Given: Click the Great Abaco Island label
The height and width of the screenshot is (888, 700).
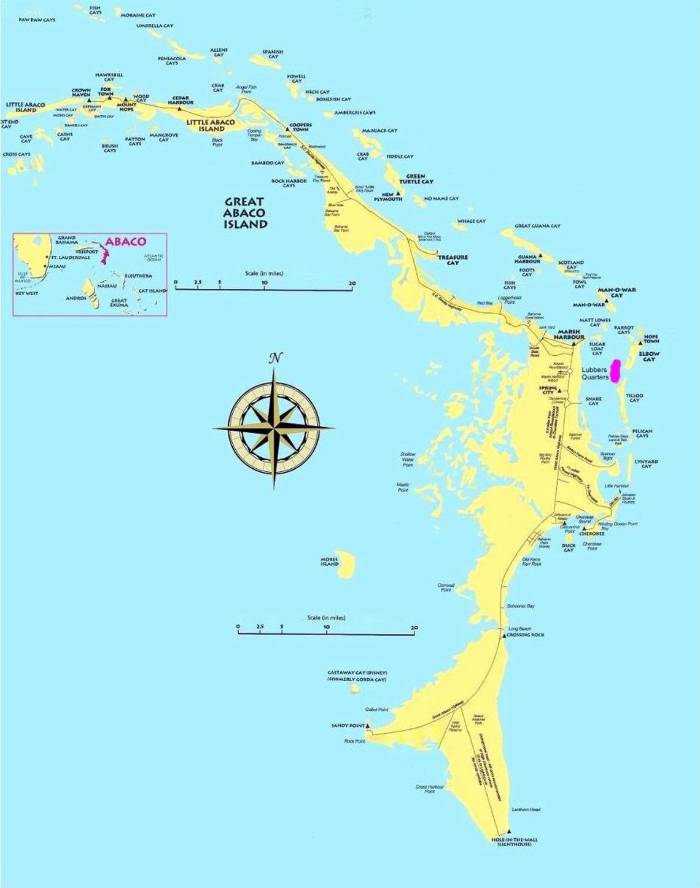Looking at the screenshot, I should point(246,212).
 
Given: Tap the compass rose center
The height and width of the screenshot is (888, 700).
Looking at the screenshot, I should point(274,427).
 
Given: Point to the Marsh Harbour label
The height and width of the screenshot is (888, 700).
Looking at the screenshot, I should point(568,335).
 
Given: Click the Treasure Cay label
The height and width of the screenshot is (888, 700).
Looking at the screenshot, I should point(453,260).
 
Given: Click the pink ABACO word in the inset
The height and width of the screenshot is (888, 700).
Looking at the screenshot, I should point(126,241).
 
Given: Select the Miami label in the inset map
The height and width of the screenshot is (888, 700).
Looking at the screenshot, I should point(58,266).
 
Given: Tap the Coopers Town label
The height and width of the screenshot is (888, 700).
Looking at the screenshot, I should point(300,127).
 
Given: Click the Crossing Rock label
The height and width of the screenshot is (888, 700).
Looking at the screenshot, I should point(526,635).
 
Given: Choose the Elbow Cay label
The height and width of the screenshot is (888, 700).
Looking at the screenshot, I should point(649,356).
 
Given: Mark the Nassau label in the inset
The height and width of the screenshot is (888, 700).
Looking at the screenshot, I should point(107,285).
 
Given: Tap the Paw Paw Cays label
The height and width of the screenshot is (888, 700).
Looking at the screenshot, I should point(37,20).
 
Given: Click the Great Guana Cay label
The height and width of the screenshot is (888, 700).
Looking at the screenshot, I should point(537,226).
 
